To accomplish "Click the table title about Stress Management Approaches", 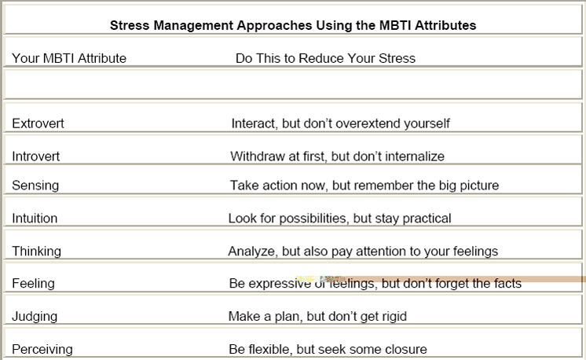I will point(292,25).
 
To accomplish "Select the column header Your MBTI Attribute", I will point(69,58).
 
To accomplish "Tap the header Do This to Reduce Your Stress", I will point(325,58).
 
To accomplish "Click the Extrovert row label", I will point(38,123).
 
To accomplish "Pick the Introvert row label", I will point(36,156).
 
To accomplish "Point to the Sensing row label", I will point(35,186).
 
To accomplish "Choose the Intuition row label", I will point(35,219).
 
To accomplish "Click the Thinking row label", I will point(36,252).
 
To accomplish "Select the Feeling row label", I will point(33,283).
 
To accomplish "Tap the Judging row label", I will point(35,316).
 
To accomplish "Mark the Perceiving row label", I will point(42,348).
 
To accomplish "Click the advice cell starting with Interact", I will point(340,123).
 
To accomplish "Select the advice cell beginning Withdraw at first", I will point(337,156).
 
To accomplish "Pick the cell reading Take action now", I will point(364,186).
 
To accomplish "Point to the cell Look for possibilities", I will point(339,219).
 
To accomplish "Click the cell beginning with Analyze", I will point(363,252).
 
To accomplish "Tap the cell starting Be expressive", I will point(375,283).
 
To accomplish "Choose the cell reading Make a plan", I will point(317,316).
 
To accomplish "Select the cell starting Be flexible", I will point(328,348).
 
